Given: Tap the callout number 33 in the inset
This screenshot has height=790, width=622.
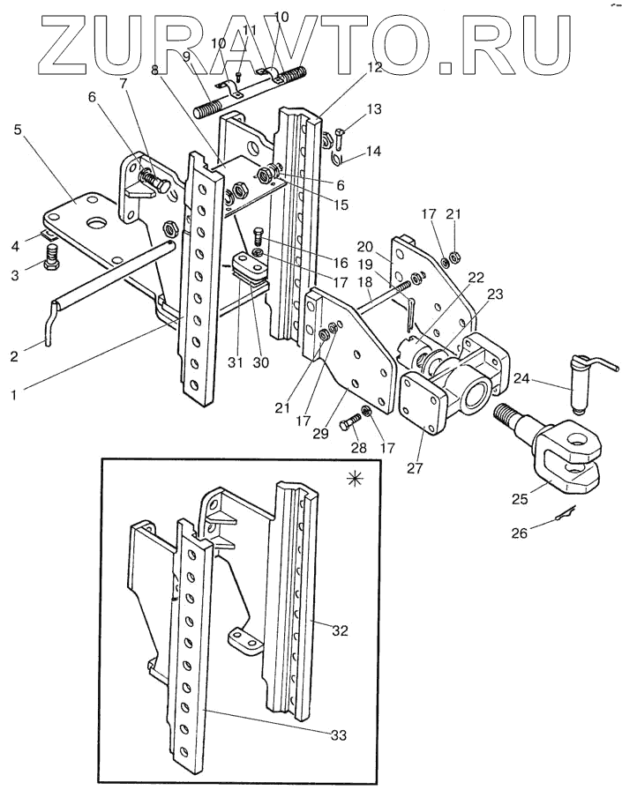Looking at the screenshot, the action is pos(339,735).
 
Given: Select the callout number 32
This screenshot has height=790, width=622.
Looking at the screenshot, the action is pos(341,630).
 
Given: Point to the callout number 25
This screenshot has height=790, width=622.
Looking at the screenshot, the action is pos(521,498).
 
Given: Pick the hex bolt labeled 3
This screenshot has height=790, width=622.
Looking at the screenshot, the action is pos(51,257).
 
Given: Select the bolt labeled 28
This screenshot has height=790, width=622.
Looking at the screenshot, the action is pos(352,421).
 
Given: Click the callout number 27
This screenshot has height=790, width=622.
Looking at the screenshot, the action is pos(415,468).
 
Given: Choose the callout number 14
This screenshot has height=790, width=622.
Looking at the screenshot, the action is pos(373,151).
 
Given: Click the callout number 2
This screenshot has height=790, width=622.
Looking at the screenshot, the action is pos(14,355).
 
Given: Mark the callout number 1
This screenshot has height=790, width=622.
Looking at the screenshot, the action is pos(14,395).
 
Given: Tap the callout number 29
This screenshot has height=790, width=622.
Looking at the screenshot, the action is pos(320,433).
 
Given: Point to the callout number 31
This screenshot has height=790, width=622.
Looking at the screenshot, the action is pos(236,362).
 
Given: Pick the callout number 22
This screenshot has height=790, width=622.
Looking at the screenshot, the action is pos(476,278).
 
